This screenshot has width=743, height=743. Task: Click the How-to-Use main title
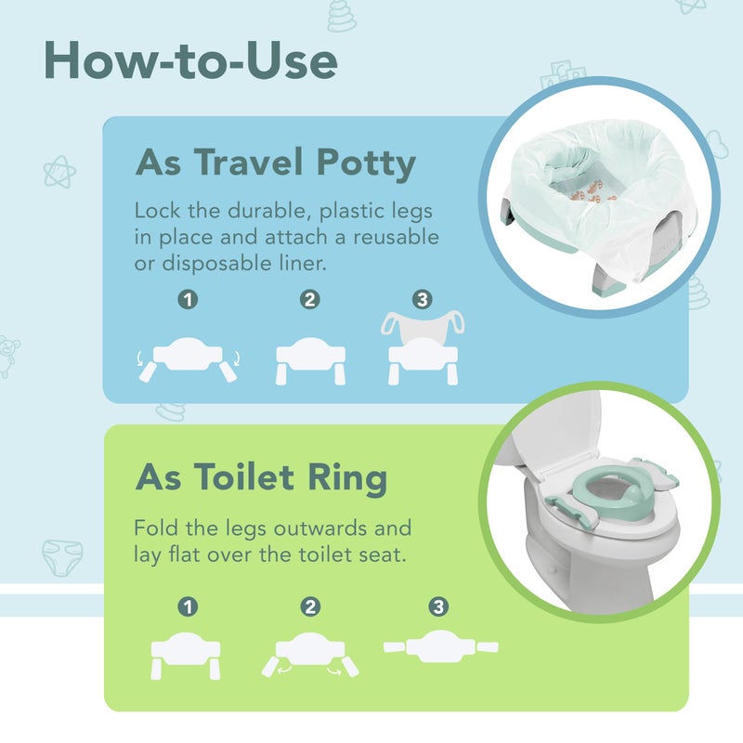189,61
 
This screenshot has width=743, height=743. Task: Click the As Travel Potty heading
276,163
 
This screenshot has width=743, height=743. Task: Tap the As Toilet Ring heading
261,477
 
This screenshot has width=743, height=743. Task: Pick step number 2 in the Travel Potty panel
310,300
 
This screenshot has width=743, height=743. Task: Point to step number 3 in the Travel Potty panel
423,300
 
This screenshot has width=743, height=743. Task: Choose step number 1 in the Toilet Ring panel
189,607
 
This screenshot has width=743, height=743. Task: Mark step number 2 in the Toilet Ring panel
310,607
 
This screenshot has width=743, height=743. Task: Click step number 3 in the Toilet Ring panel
437,607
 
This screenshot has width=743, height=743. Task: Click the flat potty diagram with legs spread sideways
441,646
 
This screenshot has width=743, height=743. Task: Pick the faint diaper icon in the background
61,560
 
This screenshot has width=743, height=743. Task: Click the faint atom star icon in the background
59,172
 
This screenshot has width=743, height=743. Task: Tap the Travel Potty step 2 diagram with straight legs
310,358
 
